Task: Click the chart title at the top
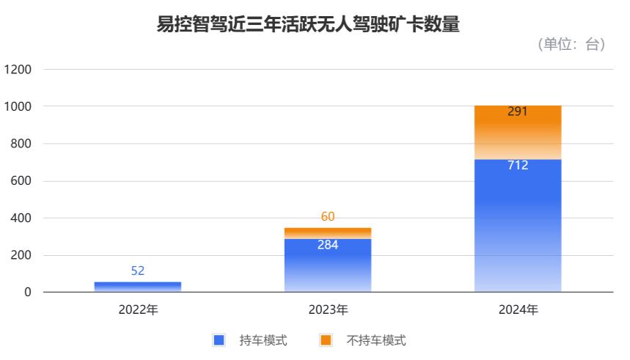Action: point(308,25)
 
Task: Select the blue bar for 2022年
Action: point(138,287)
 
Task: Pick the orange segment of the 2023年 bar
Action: point(328,233)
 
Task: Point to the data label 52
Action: point(138,271)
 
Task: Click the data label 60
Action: point(328,216)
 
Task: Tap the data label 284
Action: point(328,245)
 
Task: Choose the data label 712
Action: point(518,165)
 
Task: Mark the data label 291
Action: point(518,113)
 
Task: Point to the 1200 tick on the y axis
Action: point(18,70)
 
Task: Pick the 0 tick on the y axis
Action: point(28,293)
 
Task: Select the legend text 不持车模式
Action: point(376,340)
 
